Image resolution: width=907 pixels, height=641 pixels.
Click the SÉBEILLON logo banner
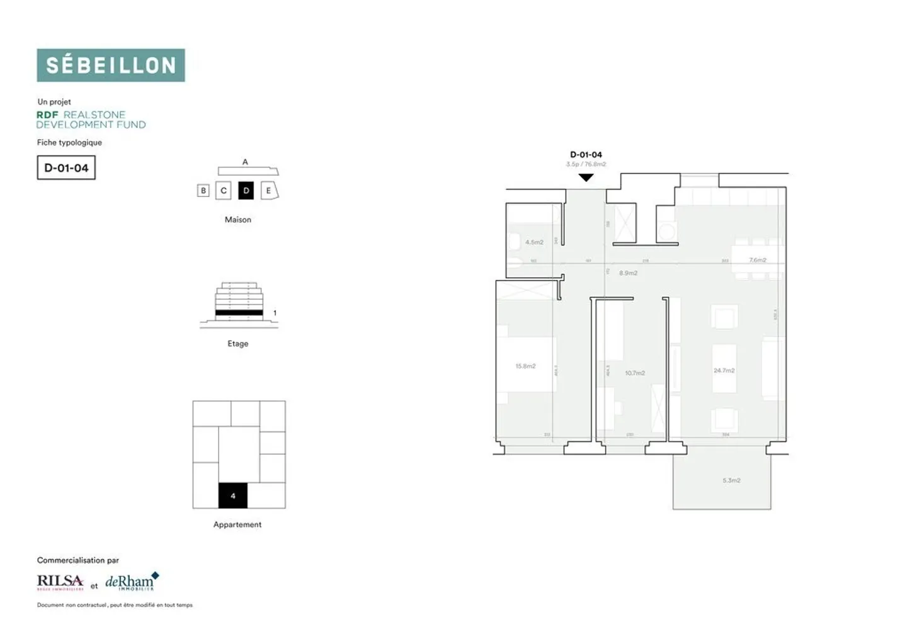pyautogui.click(x=111, y=65)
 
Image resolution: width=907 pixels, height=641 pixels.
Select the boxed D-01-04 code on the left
pyautogui.click(x=66, y=168)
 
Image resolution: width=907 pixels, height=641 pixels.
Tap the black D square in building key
pyautogui.click(x=246, y=190)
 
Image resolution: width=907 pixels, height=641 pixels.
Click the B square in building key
pyautogui.click(x=203, y=190)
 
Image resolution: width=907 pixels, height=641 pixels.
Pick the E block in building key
pyautogui.click(x=269, y=190)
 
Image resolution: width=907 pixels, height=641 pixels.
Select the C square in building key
pyautogui.click(x=224, y=190)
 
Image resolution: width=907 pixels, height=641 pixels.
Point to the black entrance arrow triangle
pyautogui.click(x=586, y=178)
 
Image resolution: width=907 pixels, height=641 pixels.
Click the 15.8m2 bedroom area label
pyautogui.click(x=525, y=366)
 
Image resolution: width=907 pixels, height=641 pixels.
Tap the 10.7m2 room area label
pyautogui.click(x=635, y=373)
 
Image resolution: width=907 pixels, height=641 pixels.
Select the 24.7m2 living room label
pyautogui.click(x=724, y=370)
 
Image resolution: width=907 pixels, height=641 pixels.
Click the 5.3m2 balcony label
pyautogui.click(x=731, y=480)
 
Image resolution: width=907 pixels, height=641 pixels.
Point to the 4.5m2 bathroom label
pyautogui.click(x=534, y=242)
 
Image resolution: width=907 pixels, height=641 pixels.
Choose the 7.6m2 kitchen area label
pyautogui.click(x=758, y=259)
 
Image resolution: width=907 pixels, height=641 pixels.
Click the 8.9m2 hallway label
pyautogui.click(x=628, y=273)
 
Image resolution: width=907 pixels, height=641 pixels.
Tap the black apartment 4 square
pyautogui.click(x=232, y=496)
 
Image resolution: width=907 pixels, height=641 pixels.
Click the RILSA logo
pyautogui.click(x=60, y=582)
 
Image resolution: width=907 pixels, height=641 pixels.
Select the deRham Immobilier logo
pyautogui.click(x=132, y=582)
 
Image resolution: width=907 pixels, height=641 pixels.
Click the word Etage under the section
pyautogui.click(x=237, y=343)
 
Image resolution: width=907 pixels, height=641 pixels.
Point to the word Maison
pyautogui.click(x=237, y=219)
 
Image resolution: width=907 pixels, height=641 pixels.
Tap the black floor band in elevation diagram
pyautogui.click(x=239, y=312)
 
